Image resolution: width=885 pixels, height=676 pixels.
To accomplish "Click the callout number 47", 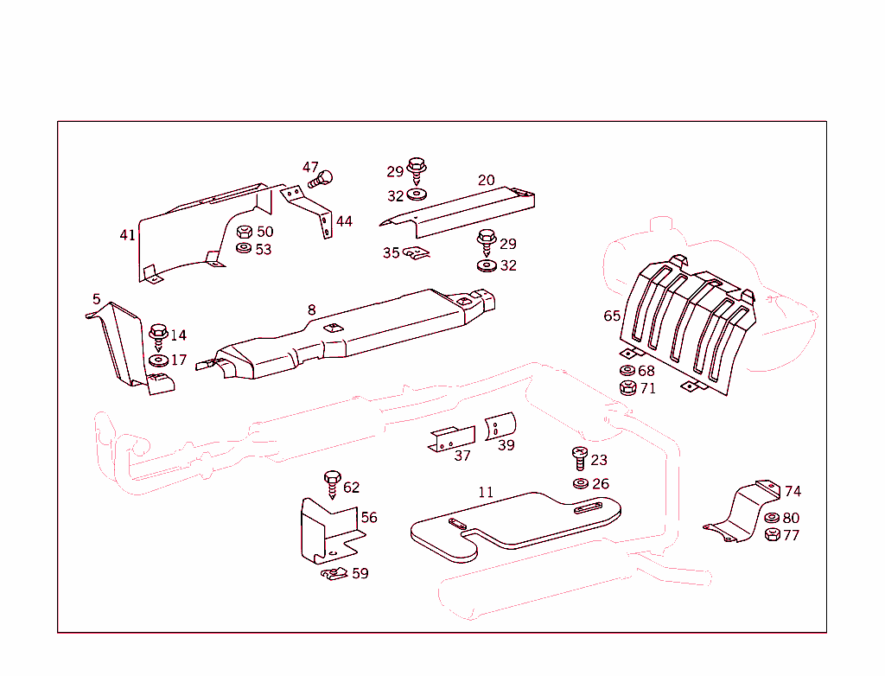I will pos(310,168).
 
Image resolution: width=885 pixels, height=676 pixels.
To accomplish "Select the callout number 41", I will pos(127,234).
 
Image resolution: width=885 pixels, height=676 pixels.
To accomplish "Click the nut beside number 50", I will pos(243,233).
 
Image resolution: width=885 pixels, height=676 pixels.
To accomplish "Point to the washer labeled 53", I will pos(243,249).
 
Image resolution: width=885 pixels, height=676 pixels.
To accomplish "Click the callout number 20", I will pos(487,180).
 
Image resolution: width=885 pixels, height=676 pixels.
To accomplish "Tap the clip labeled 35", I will pos(417,253).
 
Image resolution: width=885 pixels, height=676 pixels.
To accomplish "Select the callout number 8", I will pos(311,309).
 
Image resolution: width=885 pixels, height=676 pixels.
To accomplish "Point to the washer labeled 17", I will pos(157,360).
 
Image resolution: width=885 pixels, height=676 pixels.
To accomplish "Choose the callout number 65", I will pos(612,316).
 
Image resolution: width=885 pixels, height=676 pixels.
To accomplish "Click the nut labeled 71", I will pos(627,388).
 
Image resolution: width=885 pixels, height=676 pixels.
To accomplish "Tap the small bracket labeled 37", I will pos(452,439).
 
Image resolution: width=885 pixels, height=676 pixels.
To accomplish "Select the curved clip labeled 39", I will pos(500,427).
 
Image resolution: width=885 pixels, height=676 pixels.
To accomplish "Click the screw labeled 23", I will pos(579,458).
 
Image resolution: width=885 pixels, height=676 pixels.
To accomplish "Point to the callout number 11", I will pos(486,492).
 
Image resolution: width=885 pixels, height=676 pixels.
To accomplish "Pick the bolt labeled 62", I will pos(331,485).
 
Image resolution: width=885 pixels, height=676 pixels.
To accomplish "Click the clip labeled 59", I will pos(334,574).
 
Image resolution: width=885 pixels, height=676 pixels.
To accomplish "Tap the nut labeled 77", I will pos(771,535).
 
